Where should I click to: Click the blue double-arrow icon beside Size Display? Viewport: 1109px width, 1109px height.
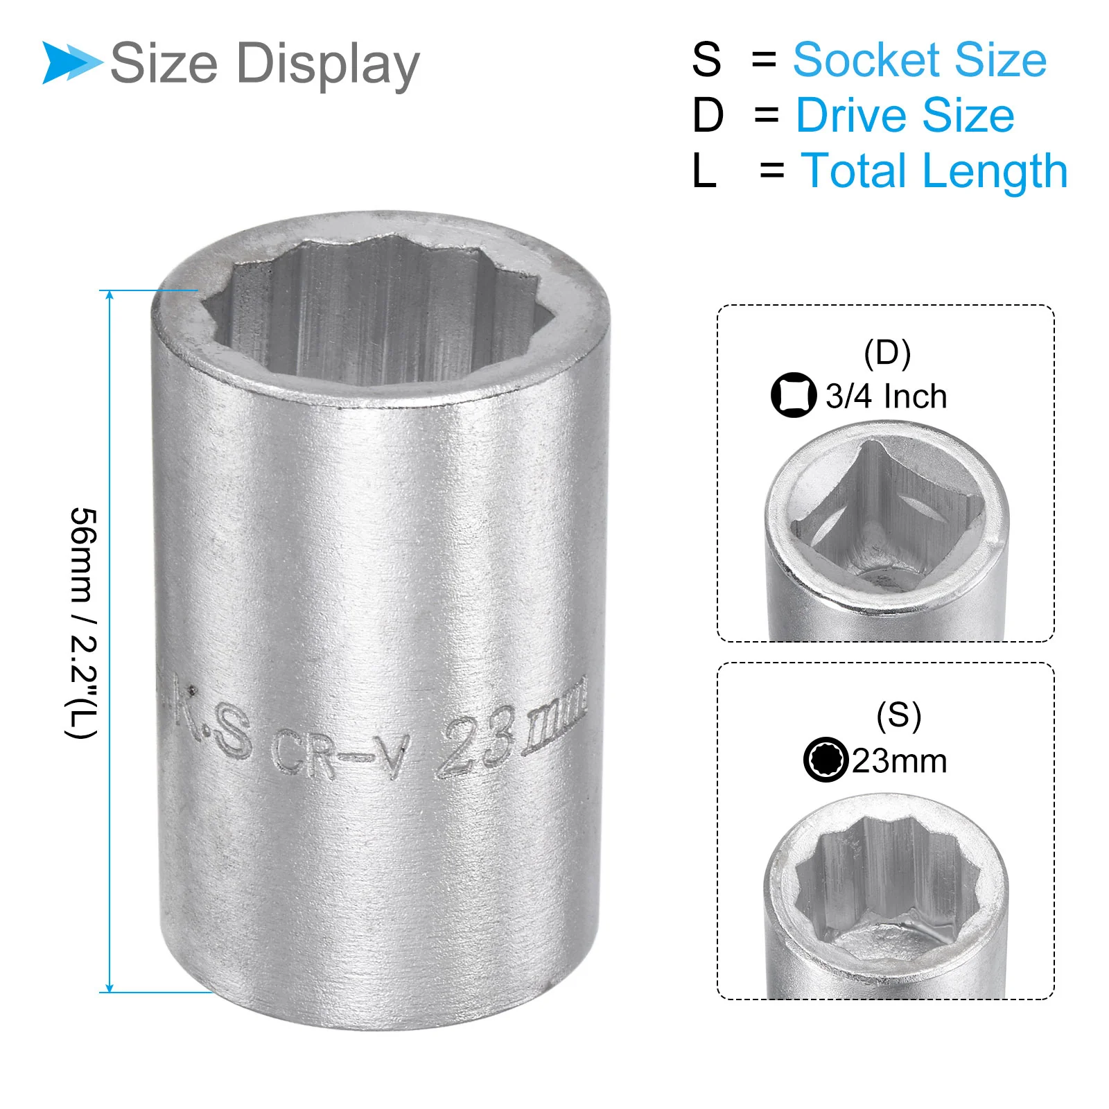tap(71, 62)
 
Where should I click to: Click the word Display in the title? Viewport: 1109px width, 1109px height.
tap(328, 64)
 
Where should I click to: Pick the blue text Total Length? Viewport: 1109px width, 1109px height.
tap(934, 171)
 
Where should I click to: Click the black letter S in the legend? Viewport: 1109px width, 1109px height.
tap(706, 60)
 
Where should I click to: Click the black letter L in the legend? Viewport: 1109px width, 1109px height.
tap(704, 171)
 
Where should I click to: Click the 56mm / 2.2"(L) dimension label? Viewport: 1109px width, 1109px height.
tap(82, 622)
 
